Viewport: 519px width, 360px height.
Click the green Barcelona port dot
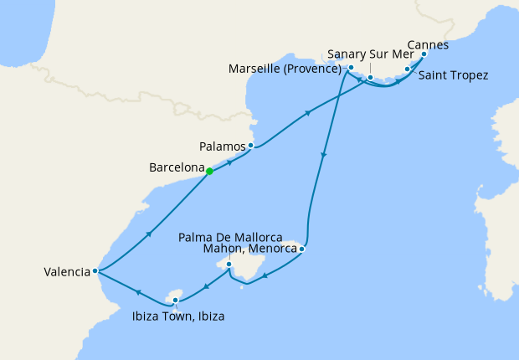[209, 172]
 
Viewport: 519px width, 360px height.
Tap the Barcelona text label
[177, 167]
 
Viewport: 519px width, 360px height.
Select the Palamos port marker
[250, 145]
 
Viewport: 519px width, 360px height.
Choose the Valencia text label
[68, 271]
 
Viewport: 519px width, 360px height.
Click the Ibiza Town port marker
[175, 300]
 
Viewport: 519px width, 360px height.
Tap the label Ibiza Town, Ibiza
[177, 316]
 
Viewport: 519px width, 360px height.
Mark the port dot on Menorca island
[301, 249]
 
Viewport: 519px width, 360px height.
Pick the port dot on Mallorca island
[229, 264]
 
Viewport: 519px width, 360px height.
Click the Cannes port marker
[423, 54]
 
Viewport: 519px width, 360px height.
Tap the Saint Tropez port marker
[407, 69]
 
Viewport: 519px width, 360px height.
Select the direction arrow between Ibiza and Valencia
[136, 291]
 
